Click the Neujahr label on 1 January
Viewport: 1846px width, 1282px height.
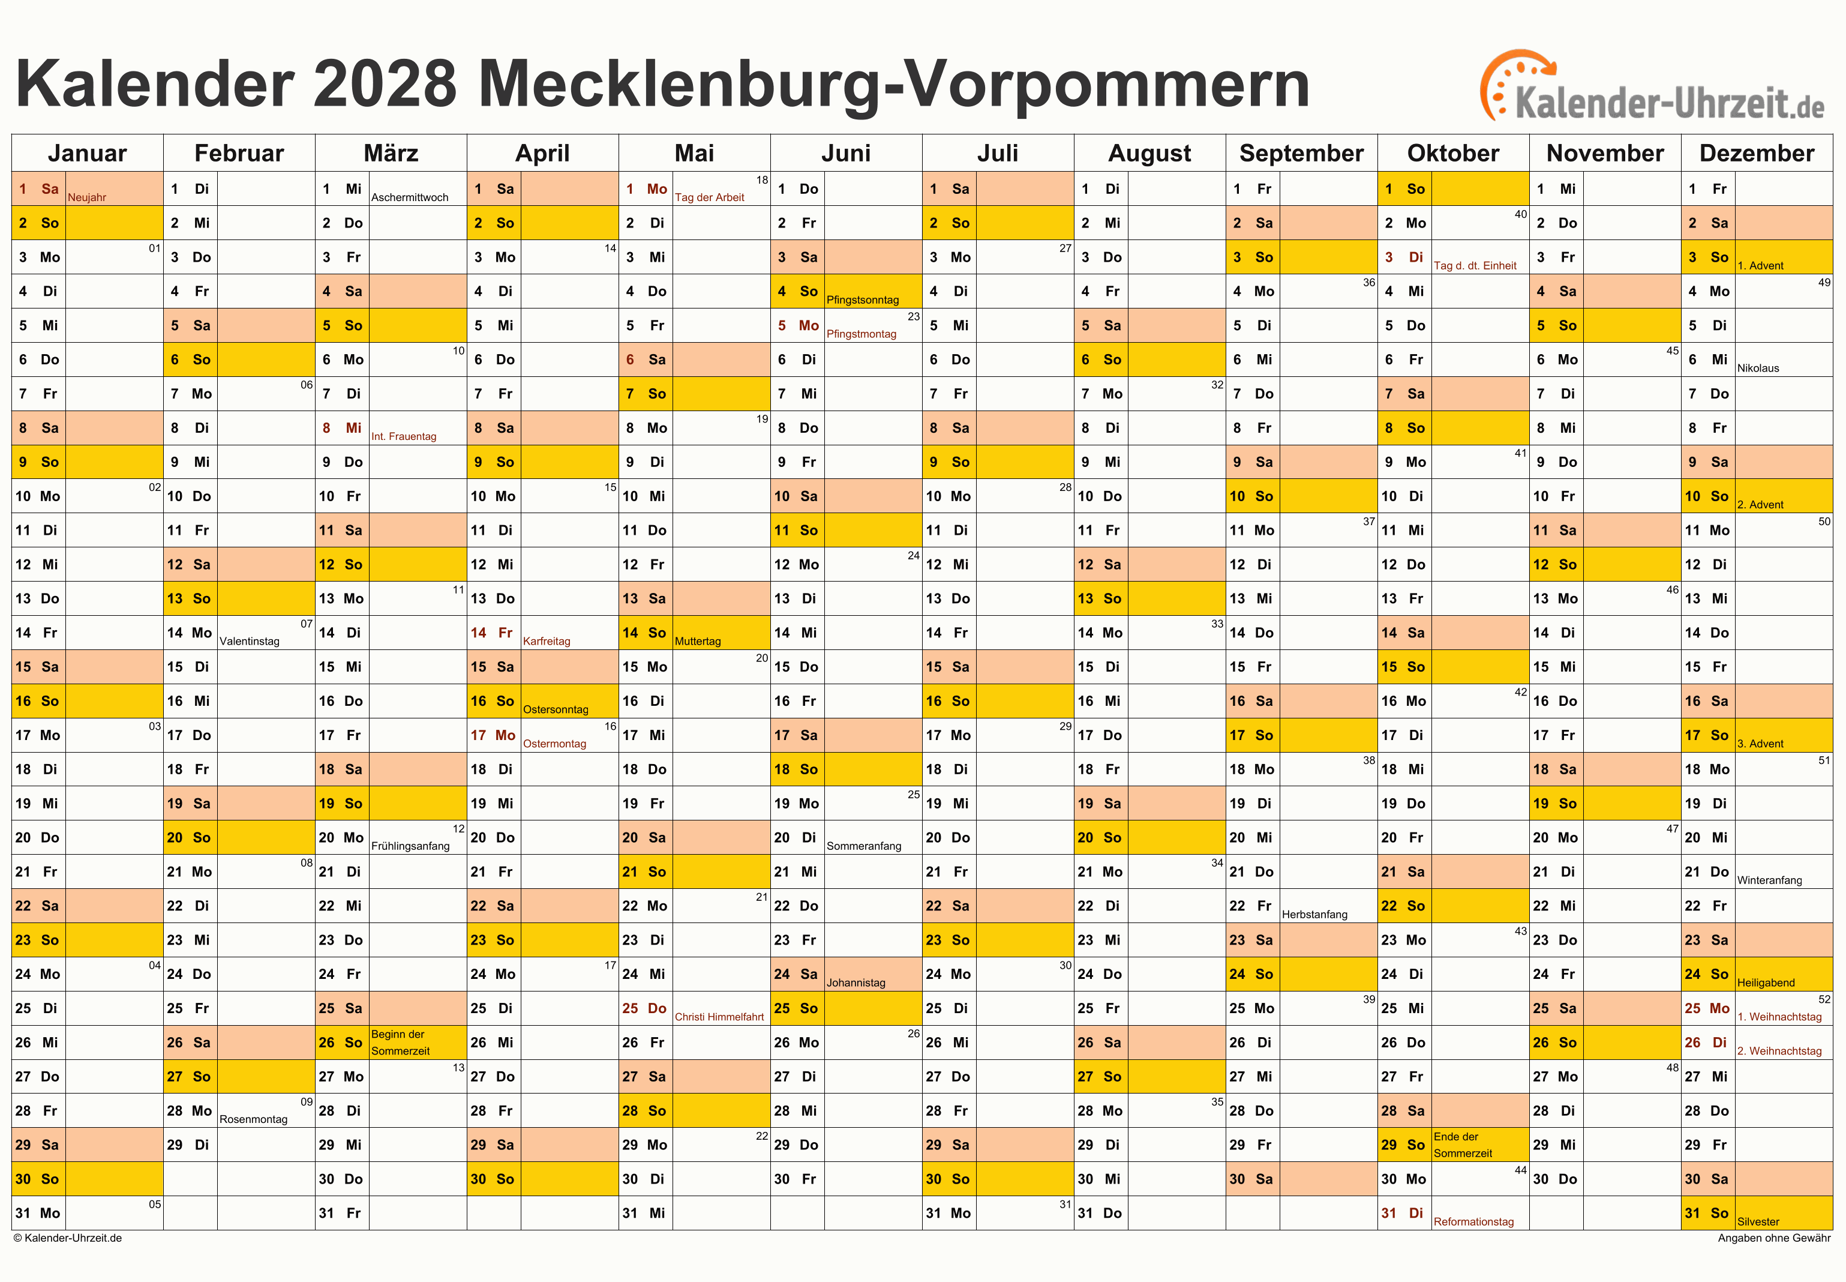click(x=87, y=197)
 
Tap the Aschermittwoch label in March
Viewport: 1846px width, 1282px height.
click(x=410, y=197)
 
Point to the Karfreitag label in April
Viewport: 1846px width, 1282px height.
click(x=546, y=641)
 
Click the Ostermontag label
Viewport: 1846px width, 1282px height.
click(x=554, y=744)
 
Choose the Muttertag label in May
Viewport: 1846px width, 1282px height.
click(x=697, y=641)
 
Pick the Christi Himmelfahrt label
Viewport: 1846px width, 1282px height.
click(x=719, y=1017)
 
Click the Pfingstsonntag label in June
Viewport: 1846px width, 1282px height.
click(x=862, y=299)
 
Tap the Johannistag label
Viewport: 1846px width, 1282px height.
click(x=856, y=983)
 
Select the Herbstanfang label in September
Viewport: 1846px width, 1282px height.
click(x=1314, y=914)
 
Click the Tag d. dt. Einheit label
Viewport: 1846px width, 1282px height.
click(x=1475, y=266)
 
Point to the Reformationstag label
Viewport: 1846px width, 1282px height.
click(x=1473, y=1222)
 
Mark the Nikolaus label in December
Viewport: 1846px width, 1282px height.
click(x=1758, y=368)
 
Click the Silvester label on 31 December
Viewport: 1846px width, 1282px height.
click(x=1758, y=1222)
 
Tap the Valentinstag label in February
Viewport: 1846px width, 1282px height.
click(x=249, y=641)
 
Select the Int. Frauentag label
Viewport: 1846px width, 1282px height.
click(x=404, y=436)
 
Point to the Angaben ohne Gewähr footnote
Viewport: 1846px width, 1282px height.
click(x=1774, y=1238)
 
